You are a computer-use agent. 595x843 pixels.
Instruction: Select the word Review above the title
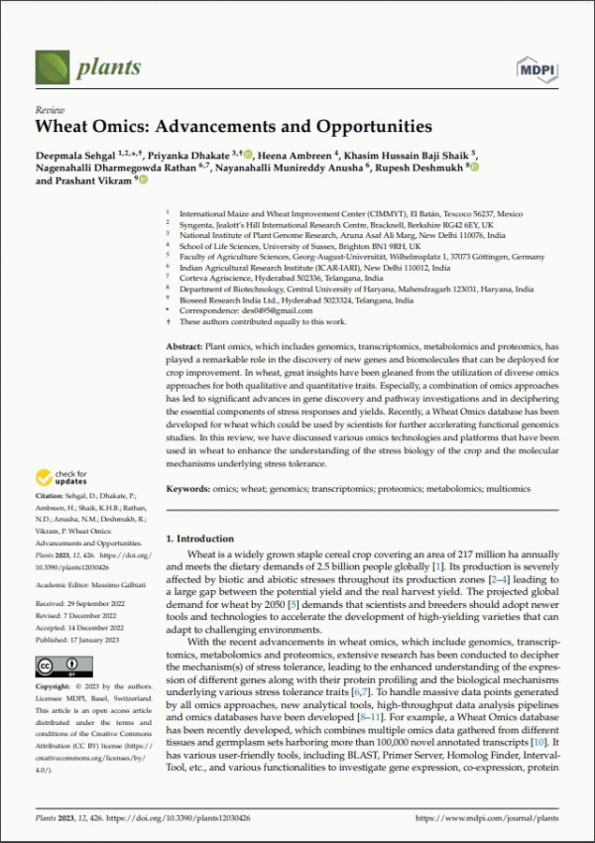click(x=49, y=109)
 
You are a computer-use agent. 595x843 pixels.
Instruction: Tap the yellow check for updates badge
click(x=62, y=478)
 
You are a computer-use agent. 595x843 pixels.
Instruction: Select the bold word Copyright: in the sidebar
click(x=57, y=686)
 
